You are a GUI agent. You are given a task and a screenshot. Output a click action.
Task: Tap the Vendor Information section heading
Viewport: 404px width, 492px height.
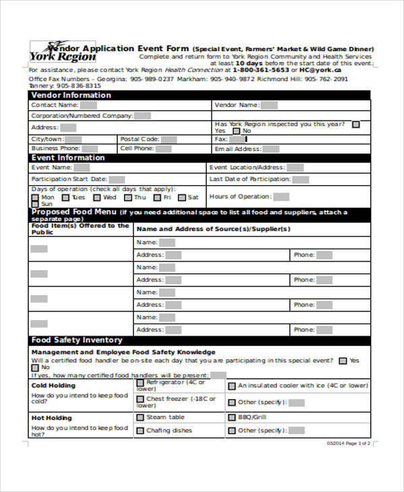point(71,96)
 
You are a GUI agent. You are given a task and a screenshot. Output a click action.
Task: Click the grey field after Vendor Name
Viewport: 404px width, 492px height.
point(269,105)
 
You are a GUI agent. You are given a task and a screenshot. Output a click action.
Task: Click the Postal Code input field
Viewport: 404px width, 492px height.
point(168,140)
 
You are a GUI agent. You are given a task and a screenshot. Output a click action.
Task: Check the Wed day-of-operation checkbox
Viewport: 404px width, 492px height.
point(98,198)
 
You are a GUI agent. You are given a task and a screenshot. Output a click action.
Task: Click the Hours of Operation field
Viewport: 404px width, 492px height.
point(281,197)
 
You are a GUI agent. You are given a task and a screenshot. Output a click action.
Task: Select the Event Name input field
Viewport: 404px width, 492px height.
point(81,167)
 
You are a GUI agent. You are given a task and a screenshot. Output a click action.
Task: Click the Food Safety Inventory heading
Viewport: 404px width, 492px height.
point(77,340)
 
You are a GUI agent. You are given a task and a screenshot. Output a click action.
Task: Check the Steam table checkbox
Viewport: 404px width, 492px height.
point(140,417)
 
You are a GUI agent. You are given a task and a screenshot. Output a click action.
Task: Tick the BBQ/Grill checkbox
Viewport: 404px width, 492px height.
point(231,417)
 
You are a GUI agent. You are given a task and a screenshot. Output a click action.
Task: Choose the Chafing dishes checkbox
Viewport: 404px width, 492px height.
point(140,430)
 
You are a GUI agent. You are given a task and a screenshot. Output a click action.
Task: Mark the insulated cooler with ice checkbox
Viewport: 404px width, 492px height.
point(231,386)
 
